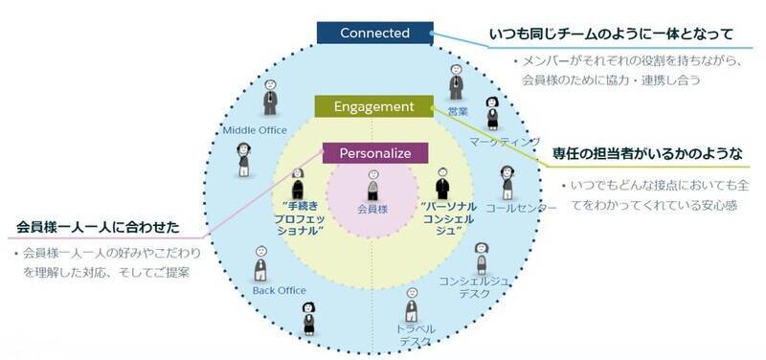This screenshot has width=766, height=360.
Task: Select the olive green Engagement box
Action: coord(373,106)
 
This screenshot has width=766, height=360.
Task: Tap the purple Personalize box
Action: coord(373,152)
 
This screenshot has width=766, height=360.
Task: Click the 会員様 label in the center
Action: coord(372,207)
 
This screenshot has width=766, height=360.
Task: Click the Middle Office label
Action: coord(254,130)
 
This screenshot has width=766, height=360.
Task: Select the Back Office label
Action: coord(277,289)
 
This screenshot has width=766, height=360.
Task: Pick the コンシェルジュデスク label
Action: coord(473,287)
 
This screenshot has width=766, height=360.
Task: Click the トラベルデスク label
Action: coord(415,335)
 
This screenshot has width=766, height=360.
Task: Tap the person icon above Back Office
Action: coord(260,263)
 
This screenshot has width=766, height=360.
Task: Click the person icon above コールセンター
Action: coord(507,180)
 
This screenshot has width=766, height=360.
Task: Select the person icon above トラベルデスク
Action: coord(412,304)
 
